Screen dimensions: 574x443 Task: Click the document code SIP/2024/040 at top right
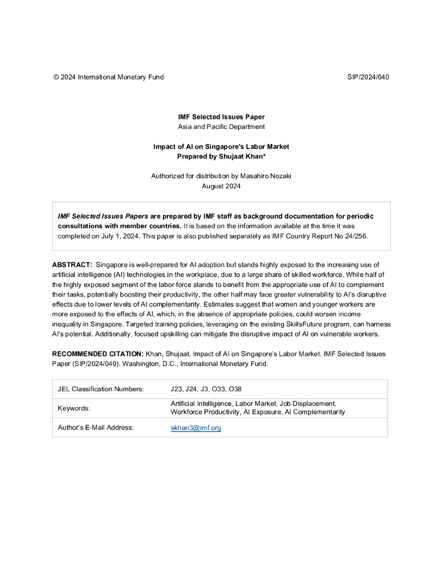click(368, 77)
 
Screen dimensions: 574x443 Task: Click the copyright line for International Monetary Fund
click(109, 77)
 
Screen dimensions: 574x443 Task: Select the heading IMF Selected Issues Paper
click(221, 117)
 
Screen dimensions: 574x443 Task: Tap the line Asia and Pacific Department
click(221, 127)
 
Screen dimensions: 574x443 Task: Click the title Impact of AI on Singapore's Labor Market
click(221, 147)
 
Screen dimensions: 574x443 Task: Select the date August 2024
click(221, 186)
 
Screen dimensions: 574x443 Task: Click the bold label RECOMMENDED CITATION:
click(97, 354)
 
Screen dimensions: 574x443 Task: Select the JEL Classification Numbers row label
click(101, 389)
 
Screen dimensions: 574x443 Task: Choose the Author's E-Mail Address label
click(96, 428)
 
